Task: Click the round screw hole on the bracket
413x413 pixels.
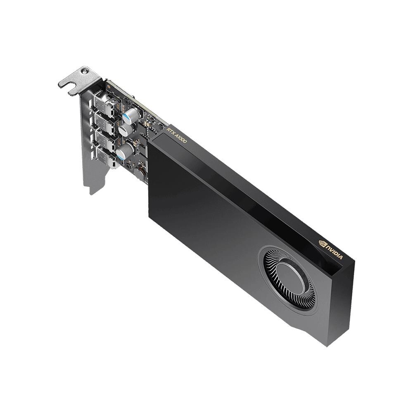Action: point(85,71)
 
